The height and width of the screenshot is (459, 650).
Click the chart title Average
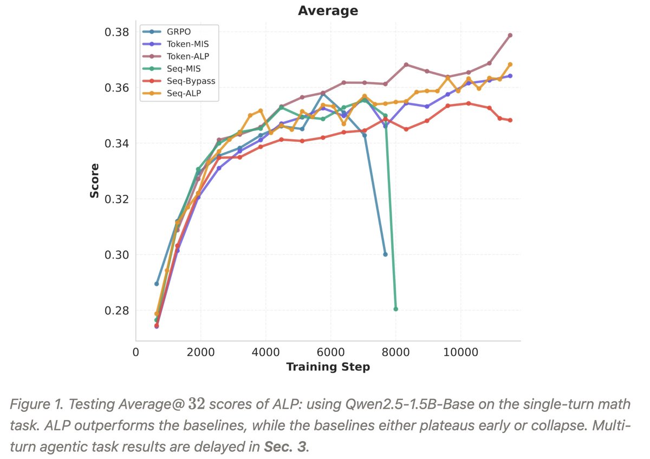point(328,10)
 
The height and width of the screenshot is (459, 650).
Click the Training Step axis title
point(328,367)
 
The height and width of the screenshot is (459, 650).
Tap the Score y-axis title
point(95,180)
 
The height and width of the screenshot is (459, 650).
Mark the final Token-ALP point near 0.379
point(510,35)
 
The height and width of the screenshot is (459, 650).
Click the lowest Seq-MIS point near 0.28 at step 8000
point(395,309)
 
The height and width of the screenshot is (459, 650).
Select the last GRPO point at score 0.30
point(385,254)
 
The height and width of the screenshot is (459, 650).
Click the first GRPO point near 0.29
point(157,284)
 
